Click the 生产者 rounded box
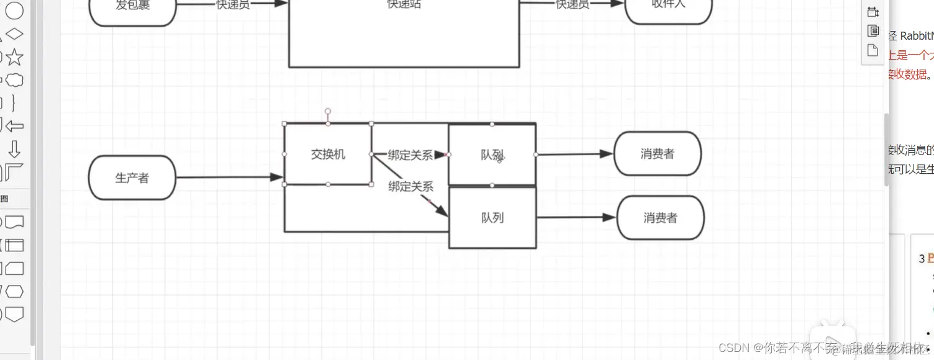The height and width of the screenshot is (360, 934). point(132,178)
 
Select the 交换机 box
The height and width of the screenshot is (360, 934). point(328,154)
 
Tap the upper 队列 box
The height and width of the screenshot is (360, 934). point(492,155)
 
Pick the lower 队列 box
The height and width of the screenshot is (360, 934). point(492,218)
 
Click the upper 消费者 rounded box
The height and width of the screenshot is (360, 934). point(657,154)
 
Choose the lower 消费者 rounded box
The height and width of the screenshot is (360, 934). point(660,218)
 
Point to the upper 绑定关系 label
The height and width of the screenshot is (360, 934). point(410,155)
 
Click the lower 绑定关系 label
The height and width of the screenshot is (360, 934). point(410,186)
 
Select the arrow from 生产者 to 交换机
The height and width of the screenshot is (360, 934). point(230,178)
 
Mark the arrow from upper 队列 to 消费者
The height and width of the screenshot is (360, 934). point(574,154)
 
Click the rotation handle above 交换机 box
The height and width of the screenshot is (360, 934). point(328,112)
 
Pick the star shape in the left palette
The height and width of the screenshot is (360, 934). point(14,58)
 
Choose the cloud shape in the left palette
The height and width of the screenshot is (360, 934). point(14,80)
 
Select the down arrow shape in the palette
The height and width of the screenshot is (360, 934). point(14,149)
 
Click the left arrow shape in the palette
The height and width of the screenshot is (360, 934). point(14,127)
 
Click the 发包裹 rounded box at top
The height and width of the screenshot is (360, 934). point(132,7)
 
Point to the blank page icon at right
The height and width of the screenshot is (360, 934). point(873,50)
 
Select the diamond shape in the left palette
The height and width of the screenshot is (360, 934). point(14,34)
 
